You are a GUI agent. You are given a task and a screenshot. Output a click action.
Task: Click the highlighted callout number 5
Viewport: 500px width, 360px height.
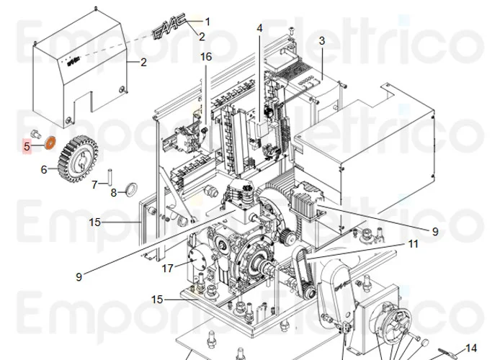click(x=27, y=146)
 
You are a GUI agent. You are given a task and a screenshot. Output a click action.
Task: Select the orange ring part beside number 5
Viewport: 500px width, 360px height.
click(x=50, y=141)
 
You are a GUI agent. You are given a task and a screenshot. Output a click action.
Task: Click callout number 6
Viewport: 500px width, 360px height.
click(x=43, y=171)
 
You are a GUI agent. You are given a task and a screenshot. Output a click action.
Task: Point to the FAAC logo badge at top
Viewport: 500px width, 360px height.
click(x=169, y=30)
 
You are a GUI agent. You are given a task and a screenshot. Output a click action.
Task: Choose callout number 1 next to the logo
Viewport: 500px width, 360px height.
click(x=207, y=22)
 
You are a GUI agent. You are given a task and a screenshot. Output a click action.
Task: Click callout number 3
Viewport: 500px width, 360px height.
click(x=322, y=40)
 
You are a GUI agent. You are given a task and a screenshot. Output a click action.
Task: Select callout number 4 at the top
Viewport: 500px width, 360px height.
click(x=260, y=28)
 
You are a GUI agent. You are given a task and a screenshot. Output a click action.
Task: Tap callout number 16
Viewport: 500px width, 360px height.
click(x=206, y=56)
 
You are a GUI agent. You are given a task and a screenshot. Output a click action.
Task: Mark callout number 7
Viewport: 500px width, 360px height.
click(x=94, y=184)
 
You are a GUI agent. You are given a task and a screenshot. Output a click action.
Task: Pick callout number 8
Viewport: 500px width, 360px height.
click(x=113, y=192)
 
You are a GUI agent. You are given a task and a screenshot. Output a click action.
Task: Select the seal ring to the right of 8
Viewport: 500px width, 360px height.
click(x=132, y=189)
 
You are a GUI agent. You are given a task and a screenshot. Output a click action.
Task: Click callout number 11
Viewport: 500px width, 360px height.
click(x=412, y=244)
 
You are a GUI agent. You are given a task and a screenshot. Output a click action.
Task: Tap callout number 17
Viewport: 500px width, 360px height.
click(x=167, y=269)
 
